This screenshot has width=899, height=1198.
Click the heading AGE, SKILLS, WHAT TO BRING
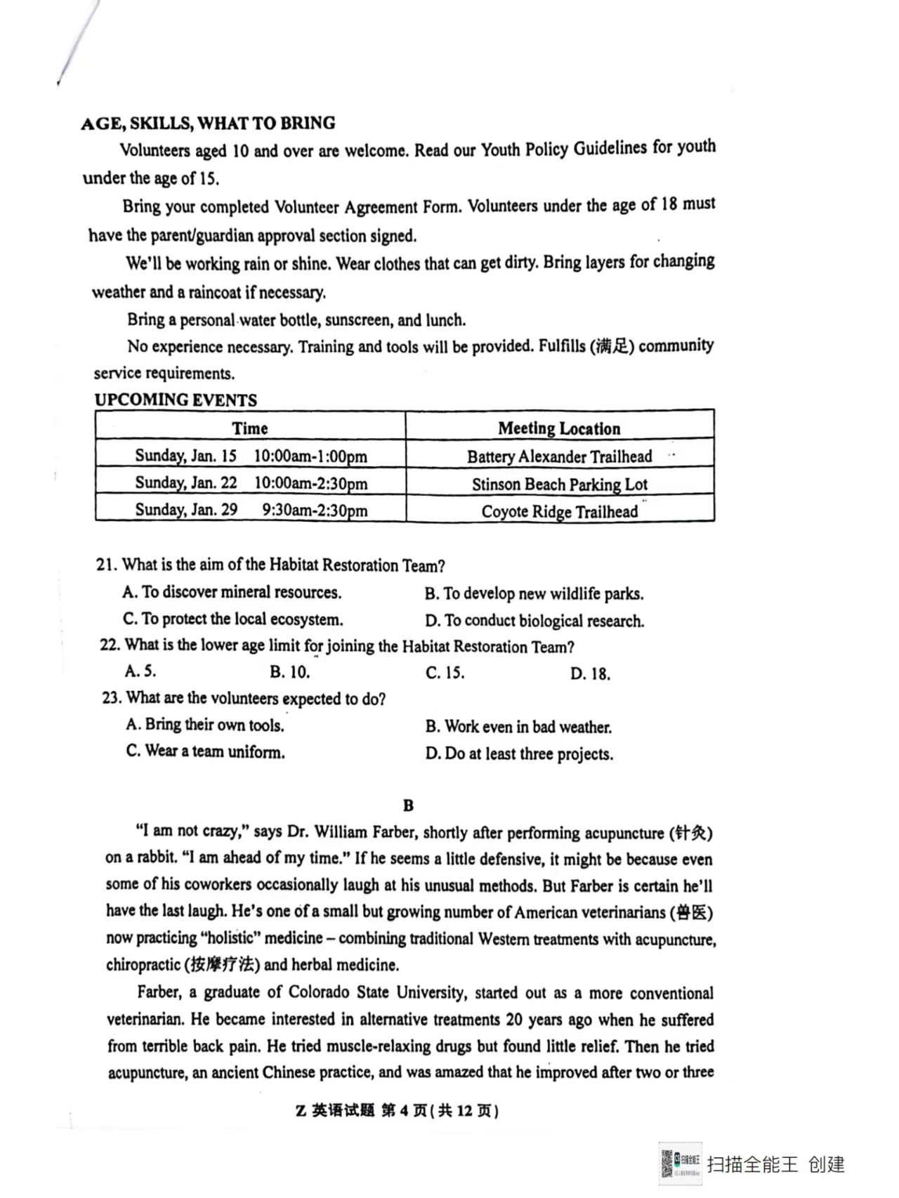pos(208,124)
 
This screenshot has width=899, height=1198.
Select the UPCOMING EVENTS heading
pos(176,400)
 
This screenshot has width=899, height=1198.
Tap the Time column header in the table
pos(250,428)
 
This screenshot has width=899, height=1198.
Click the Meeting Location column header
pos(559,428)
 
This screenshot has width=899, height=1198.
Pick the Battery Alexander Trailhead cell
pos(559,456)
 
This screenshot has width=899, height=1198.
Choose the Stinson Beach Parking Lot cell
pos(559,484)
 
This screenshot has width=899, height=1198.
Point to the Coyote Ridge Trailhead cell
pos(559,511)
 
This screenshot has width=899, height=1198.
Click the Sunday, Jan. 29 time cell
pos(251,510)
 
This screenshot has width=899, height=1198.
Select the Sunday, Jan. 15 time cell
pos(251,456)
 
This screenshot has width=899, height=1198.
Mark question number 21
pos(105,565)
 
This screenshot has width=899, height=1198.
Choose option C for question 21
pos(232,619)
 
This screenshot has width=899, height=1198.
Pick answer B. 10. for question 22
pos(289,672)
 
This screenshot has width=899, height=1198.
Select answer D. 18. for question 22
pos(590,674)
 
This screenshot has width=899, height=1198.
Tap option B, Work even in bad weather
pos(518,727)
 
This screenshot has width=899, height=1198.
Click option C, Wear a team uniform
pos(205,751)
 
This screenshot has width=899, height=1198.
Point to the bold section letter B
pos(409,805)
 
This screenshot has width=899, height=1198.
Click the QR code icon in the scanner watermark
pos(667,1164)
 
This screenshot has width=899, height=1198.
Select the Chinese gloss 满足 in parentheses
pos(612,346)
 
